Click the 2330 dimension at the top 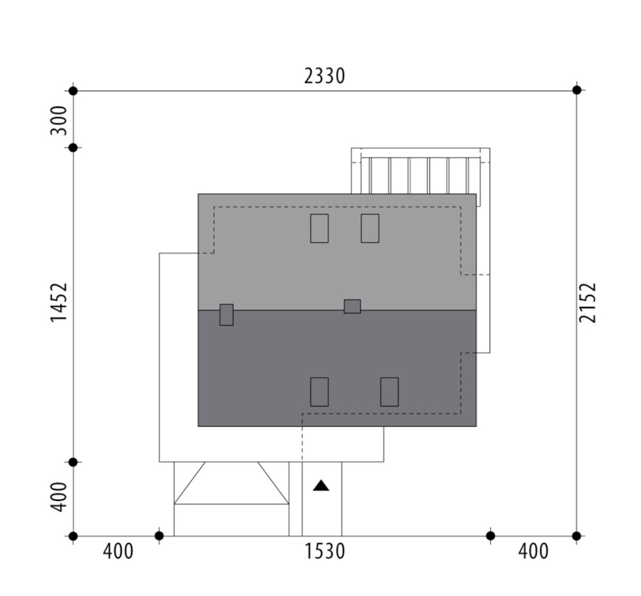tap(325, 76)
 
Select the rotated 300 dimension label tap(58, 120)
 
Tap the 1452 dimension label tap(58, 303)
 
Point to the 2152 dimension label tap(588, 303)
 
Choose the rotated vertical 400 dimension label tap(58, 497)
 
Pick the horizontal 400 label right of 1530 tap(533, 551)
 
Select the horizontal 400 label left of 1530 tap(118, 551)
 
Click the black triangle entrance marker tap(321, 486)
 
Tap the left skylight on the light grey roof tap(319, 229)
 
